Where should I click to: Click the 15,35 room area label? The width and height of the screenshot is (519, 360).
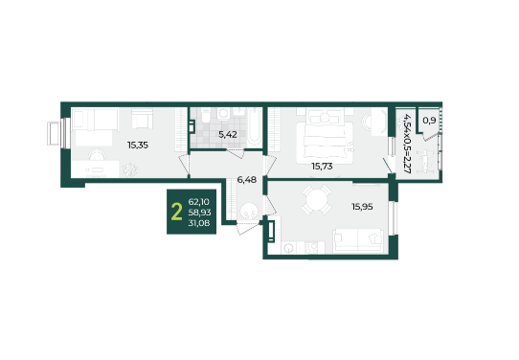tap(138, 145)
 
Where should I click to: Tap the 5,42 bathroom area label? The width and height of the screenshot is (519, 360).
tap(227, 135)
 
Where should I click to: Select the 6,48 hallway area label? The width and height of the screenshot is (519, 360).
tap(247, 180)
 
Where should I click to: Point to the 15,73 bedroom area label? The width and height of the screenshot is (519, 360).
tap(322, 166)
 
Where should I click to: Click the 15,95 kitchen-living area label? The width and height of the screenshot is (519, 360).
tap(362, 207)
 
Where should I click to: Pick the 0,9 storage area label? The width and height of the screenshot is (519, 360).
tap(429, 121)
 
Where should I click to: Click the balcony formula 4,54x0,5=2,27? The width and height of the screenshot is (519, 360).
tap(406, 144)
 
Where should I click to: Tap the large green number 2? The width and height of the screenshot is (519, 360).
tap(177, 212)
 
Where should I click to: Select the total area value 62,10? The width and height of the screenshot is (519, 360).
tap(198, 201)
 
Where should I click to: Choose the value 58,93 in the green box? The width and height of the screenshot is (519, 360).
tap(199, 213)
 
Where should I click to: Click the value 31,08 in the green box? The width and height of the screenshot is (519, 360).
tap(199, 223)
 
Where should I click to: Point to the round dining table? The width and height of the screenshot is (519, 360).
tap(317, 199)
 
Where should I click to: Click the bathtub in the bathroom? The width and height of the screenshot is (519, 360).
tap(254, 127)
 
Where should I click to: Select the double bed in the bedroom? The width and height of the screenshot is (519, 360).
tap(325, 136)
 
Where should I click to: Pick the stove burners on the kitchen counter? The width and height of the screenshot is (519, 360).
tap(311, 248)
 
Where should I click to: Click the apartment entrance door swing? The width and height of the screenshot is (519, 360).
tap(247, 228)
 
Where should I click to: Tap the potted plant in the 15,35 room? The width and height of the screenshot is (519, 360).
tap(130, 169)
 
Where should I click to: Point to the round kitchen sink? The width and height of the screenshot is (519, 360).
tap(289, 248)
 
